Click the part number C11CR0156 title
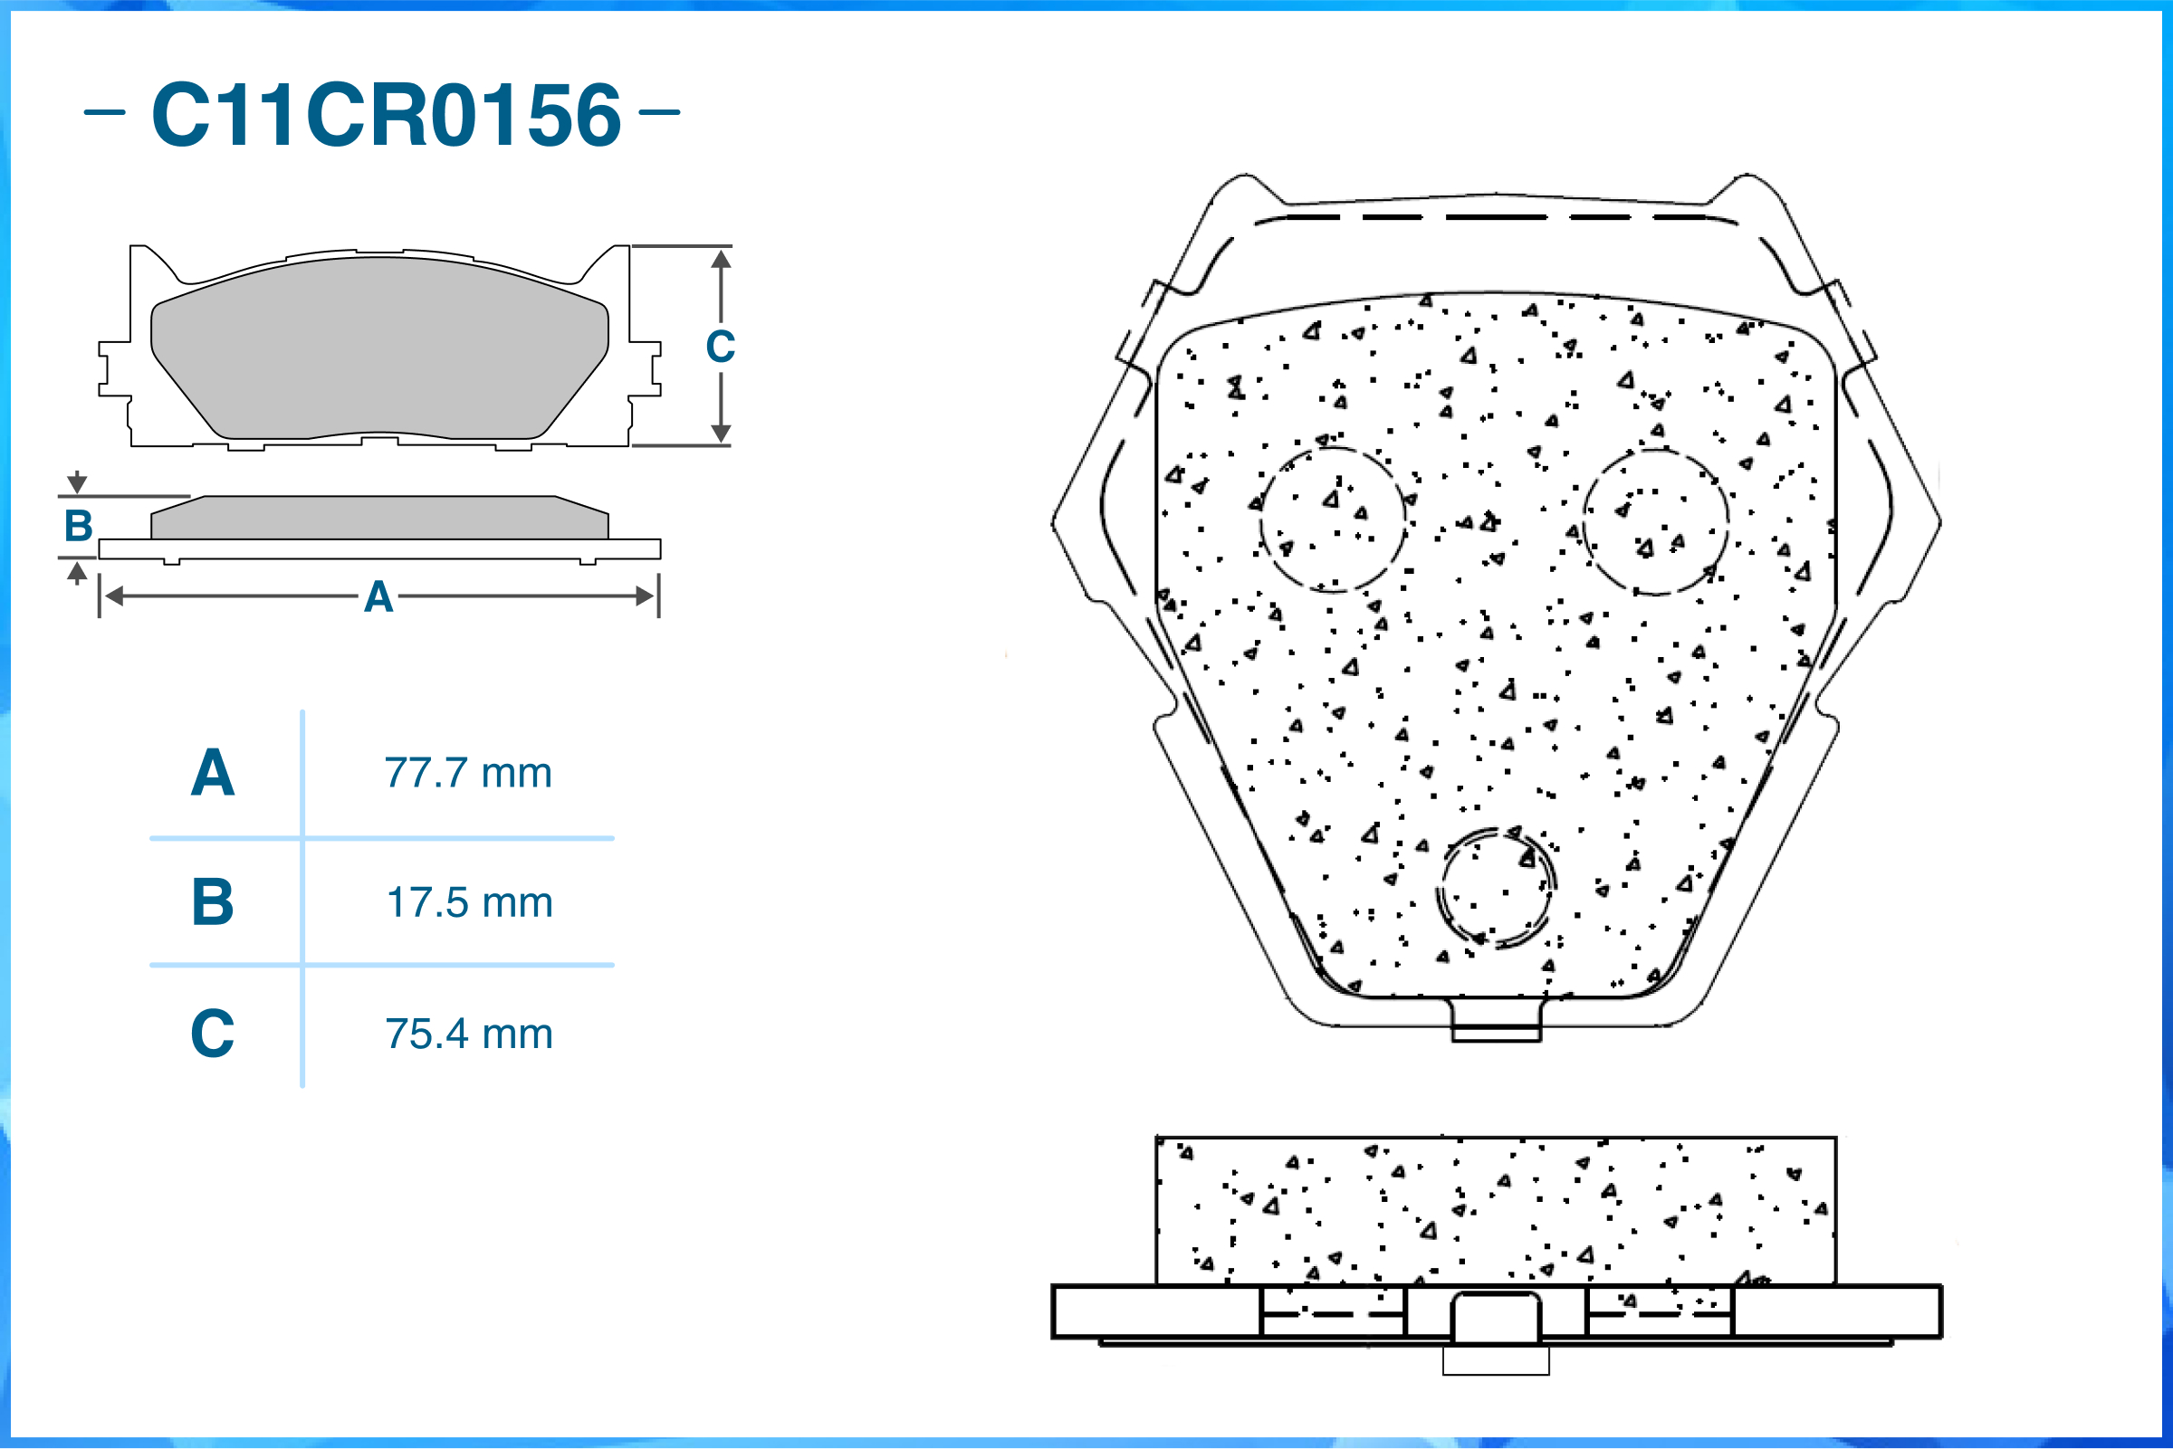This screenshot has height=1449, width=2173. tap(387, 115)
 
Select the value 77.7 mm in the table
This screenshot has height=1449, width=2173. tap(469, 773)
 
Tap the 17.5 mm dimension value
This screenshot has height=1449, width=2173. tap(470, 903)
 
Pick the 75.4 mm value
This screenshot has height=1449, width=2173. tap(470, 1034)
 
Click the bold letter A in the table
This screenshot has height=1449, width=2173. tap(213, 773)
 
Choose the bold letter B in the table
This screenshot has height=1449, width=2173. tap(213, 902)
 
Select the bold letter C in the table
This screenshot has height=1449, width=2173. tap(213, 1034)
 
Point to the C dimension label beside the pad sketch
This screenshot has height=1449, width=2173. tap(720, 347)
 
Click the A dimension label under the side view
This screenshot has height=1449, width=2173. tap(378, 597)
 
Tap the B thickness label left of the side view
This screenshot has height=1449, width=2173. tap(79, 526)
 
